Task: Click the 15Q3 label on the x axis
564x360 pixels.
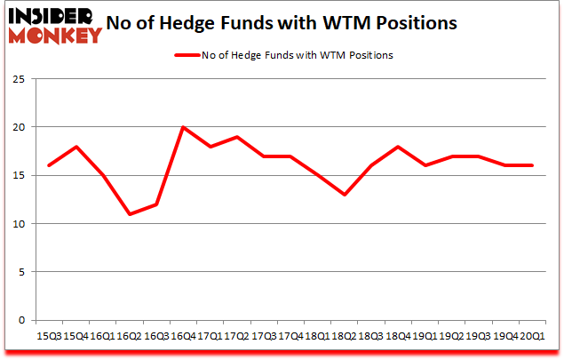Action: (48, 336)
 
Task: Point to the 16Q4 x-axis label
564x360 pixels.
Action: (183, 336)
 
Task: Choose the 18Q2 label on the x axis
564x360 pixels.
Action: (345, 336)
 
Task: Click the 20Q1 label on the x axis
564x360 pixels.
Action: (533, 336)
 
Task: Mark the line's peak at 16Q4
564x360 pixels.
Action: (183, 127)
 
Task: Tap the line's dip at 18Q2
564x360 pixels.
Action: (345, 195)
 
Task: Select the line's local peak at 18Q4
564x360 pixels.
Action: (398, 147)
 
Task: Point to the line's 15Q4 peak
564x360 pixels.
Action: (75, 147)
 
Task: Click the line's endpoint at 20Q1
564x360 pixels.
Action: (533, 165)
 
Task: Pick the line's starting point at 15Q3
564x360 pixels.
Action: (48, 165)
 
